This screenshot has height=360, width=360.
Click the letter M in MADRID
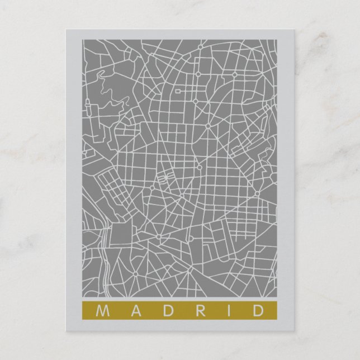(x=101, y=310)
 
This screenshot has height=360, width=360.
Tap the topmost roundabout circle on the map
(x=198, y=73)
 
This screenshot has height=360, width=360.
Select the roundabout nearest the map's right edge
(x=257, y=194)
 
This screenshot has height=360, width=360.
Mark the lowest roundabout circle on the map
(x=135, y=273)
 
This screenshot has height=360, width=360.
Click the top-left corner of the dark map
(x=83, y=40)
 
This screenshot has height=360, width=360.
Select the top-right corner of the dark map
(x=278, y=40)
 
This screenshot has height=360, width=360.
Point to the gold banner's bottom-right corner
(x=278, y=318)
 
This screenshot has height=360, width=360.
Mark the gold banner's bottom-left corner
(x=83, y=318)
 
